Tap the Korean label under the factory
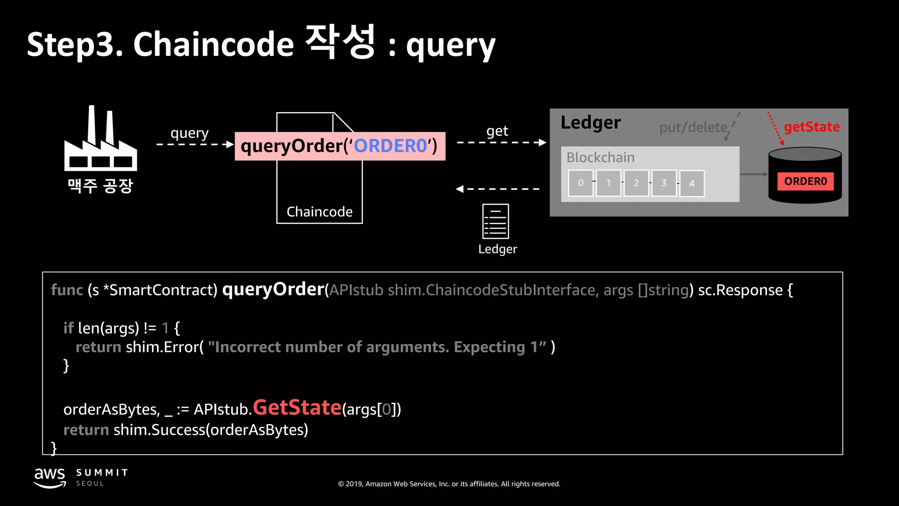tap(101, 186)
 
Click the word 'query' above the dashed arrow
tap(189, 133)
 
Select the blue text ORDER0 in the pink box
tap(390, 146)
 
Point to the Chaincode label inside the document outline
tap(320, 212)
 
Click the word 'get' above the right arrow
tap(497, 131)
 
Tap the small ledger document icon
tap(496, 221)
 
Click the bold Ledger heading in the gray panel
tap(591, 123)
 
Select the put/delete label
tap(694, 127)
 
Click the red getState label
tap(812, 127)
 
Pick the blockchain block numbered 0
tap(581, 183)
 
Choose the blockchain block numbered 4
tap(692, 184)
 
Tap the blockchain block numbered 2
tap(636, 183)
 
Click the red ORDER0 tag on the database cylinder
tap(806, 181)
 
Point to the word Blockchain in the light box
tap(601, 157)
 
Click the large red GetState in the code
tap(297, 408)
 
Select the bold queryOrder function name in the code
tap(273, 289)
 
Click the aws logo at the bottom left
tap(50, 477)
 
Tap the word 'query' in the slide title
tap(450, 45)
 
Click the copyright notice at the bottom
tap(449, 484)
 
